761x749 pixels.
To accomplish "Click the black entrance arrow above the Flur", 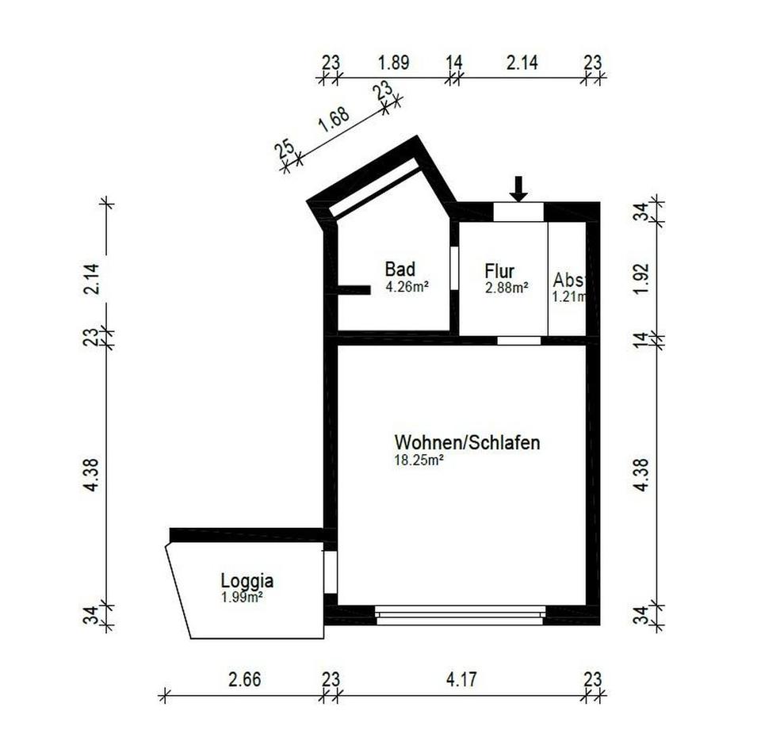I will (518, 189).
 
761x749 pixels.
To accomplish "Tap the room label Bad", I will (400, 269).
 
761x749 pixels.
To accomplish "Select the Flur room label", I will (500, 270).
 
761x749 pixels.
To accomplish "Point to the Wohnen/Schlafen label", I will (467, 442).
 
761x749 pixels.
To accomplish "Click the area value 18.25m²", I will (419, 459).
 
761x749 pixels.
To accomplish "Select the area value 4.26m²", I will (407, 288).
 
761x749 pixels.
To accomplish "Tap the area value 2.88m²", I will (507, 289).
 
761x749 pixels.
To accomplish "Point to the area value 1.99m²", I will (243, 597).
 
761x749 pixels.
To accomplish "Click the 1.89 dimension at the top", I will (393, 63).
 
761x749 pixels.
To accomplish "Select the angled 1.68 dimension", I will (334, 123).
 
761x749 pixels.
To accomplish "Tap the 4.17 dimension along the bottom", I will (462, 679).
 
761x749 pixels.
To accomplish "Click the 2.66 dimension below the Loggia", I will (244, 679).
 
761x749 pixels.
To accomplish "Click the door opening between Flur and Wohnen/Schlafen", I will (519, 340).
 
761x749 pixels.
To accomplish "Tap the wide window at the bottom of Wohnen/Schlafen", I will (460, 615).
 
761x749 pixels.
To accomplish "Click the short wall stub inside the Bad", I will (353, 291).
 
